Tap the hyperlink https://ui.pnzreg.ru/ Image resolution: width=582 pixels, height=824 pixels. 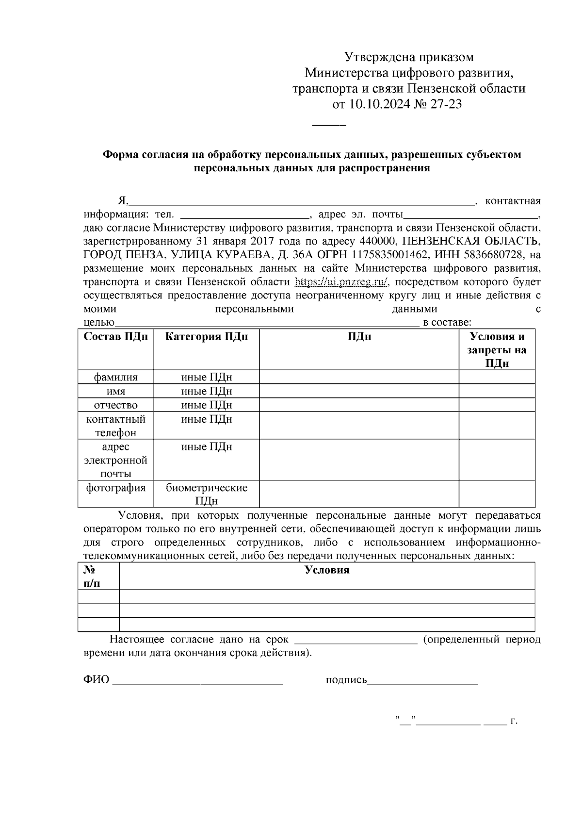342,282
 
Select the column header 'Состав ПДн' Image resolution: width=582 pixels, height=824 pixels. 116,337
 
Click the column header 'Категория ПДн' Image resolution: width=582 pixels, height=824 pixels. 207,337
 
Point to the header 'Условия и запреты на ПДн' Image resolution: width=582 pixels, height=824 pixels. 497,350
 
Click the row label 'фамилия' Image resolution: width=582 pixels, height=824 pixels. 116,377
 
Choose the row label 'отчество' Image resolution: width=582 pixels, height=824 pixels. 116,405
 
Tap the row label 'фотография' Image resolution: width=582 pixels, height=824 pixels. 116,488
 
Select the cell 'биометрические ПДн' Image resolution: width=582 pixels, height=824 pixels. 207,494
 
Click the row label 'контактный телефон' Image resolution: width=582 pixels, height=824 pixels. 116,426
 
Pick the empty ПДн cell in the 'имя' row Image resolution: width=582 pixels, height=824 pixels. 359,391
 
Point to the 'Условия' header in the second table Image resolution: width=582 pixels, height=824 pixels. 327,570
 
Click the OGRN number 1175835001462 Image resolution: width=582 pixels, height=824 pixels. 391,255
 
